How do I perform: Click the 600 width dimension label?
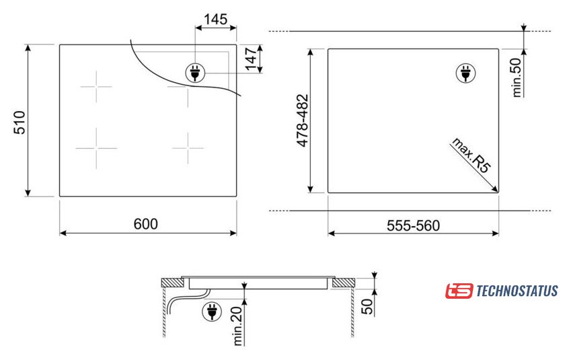[145, 224]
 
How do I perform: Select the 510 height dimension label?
[20, 122]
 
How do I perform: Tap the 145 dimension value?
[215, 19]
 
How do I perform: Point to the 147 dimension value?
[251, 59]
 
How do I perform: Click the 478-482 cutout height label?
[303, 120]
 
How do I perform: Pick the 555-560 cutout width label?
[413, 225]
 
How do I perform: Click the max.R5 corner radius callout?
[472, 155]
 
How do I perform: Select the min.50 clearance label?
[517, 77]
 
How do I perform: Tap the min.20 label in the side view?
[238, 326]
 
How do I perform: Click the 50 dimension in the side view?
[367, 306]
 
